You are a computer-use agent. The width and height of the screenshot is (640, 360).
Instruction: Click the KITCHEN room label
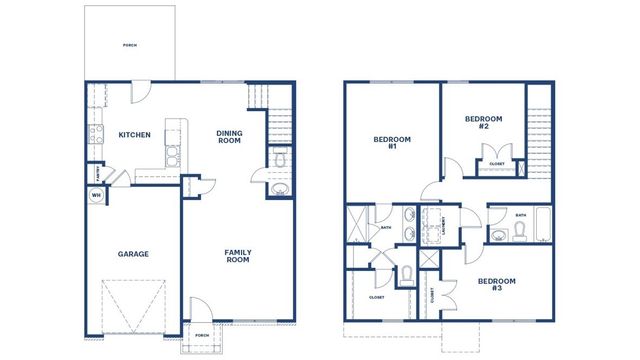click(134, 135)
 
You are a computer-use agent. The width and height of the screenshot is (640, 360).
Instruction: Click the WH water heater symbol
click(97, 194)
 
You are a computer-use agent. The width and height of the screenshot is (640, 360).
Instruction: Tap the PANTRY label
click(97, 173)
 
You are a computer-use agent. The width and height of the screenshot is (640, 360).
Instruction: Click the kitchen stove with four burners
click(98, 133)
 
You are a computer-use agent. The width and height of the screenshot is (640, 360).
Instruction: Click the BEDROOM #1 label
click(386, 142)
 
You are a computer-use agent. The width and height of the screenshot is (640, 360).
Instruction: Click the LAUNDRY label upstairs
click(442, 228)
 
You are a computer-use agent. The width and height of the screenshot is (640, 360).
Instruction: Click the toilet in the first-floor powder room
click(279, 161)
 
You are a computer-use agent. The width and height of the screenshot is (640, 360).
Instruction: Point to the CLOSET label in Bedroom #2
click(497, 163)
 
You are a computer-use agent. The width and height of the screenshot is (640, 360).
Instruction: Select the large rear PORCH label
click(129, 45)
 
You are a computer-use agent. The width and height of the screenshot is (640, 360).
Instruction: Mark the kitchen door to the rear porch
click(141, 91)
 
